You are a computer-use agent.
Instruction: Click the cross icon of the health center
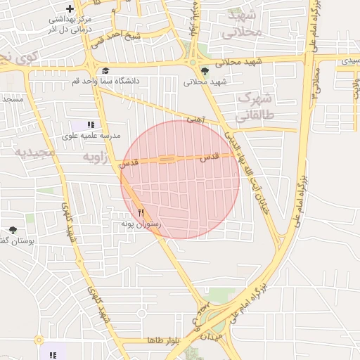click(x=70, y=8)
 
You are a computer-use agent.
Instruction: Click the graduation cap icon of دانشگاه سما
click(x=105, y=70)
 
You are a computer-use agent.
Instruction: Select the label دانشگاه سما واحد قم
click(x=105, y=81)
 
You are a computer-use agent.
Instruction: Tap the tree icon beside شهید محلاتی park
click(x=205, y=71)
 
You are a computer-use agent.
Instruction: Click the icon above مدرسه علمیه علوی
click(x=91, y=124)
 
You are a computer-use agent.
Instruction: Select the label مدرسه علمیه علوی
click(x=91, y=135)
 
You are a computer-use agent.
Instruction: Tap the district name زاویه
click(x=95, y=157)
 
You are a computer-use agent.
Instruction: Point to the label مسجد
click(x=13, y=99)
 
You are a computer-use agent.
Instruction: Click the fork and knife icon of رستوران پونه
click(x=141, y=212)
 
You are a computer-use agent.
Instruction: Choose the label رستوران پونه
click(x=141, y=224)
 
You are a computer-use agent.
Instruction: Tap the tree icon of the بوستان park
click(x=13, y=230)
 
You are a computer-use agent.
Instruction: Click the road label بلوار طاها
click(x=165, y=340)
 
